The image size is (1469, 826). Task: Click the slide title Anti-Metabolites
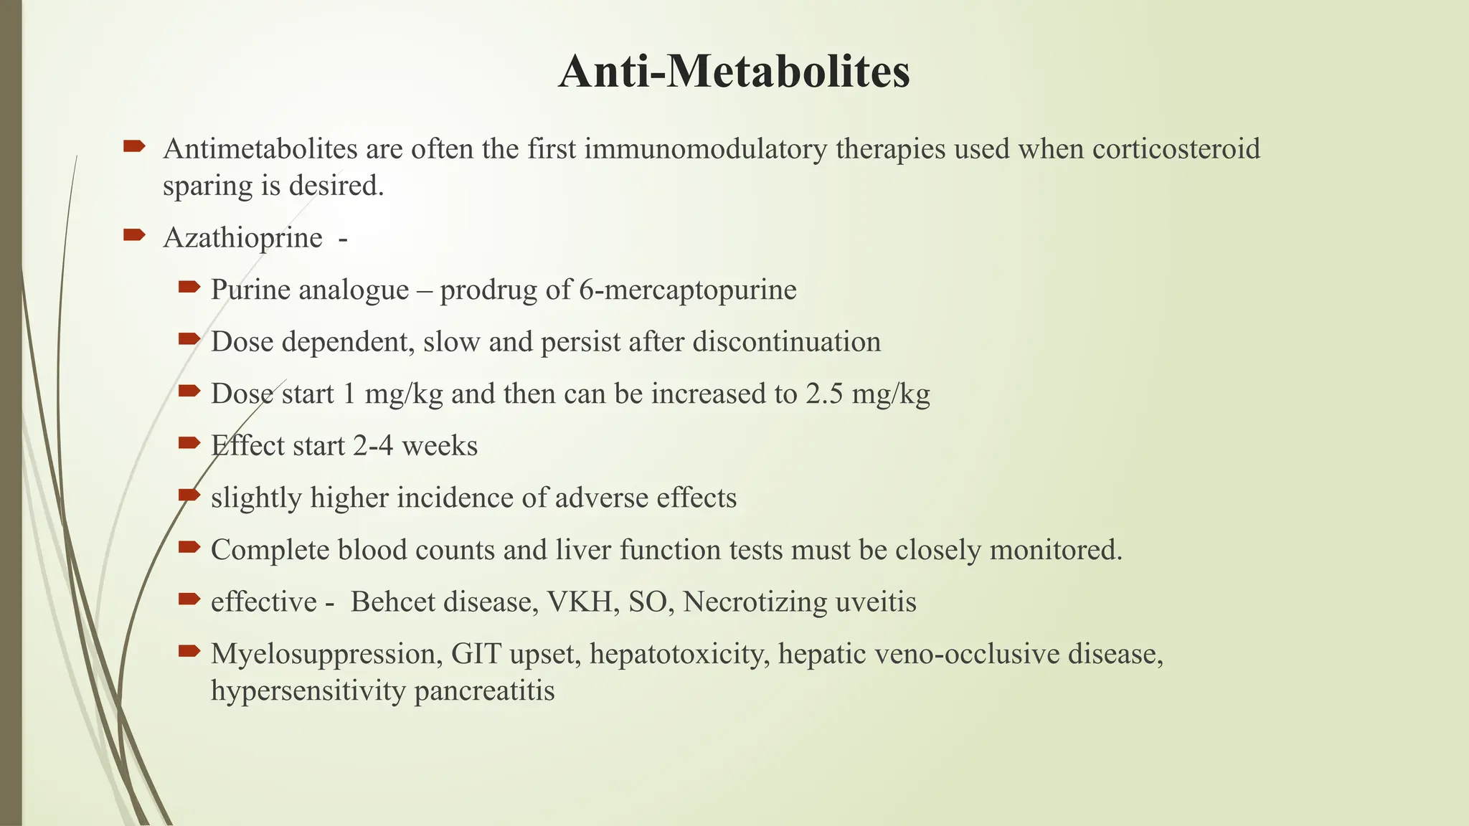(x=734, y=72)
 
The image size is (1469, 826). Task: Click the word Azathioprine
(x=242, y=238)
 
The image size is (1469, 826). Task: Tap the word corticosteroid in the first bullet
(x=1176, y=149)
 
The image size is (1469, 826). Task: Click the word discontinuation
(x=786, y=342)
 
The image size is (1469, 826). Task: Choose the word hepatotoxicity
(x=679, y=654)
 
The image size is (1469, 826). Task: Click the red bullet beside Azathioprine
(x=134, y=234)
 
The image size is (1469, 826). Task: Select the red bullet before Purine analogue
(x=189, y=287)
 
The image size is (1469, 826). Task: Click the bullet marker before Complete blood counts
(x=189, y=547)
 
